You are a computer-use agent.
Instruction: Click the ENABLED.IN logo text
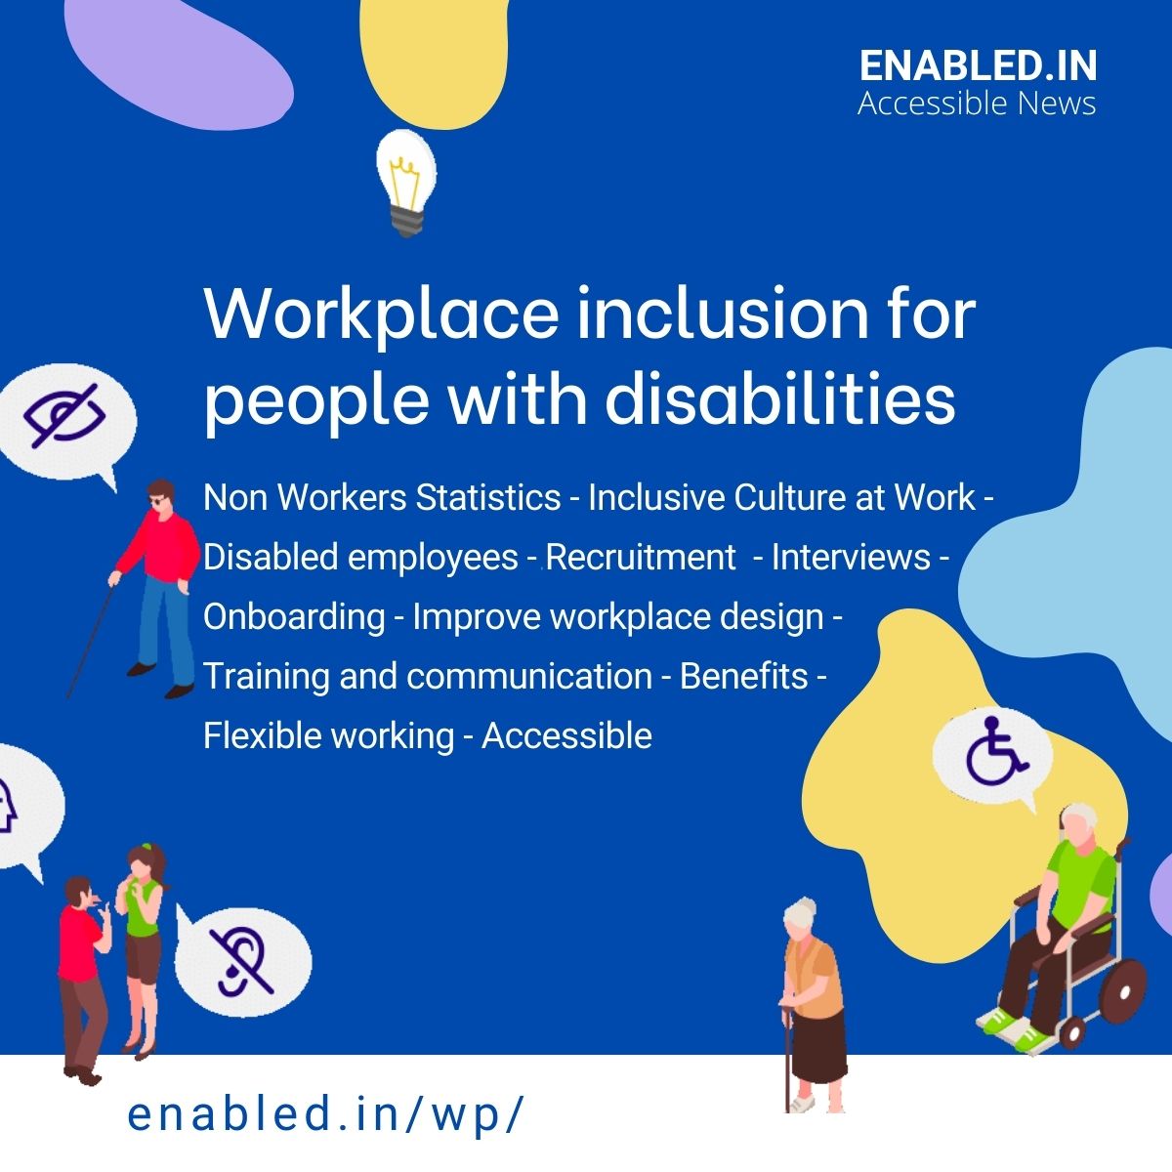pyautogui.click(x=978, y=66)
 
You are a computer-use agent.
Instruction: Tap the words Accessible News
pyautogui.click(x=977, y=103)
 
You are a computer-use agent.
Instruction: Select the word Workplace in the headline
pyautogui.click(x=381, y=314)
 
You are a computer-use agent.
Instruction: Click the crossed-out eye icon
pyautogui.click(x=64, y=418)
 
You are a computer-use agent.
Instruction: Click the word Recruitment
pyautogui.click(x=641, y=557)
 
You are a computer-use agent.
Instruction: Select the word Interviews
pyautogui.click(x=851, y=557)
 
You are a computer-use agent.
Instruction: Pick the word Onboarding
pyautogui.click(x=294, y=617)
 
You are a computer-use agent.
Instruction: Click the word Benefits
pyautogui.click(x=744, y=676)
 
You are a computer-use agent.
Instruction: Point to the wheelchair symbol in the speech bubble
pyautogui.click(x=993, y=753)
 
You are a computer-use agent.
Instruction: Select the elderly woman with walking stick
pyautogui.click(x=811, y=1006)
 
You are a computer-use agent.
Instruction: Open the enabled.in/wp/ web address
pyautogui.click(x=326, y=1115)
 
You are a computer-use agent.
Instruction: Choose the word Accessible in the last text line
pyautogui.click(x=566, y=735)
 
